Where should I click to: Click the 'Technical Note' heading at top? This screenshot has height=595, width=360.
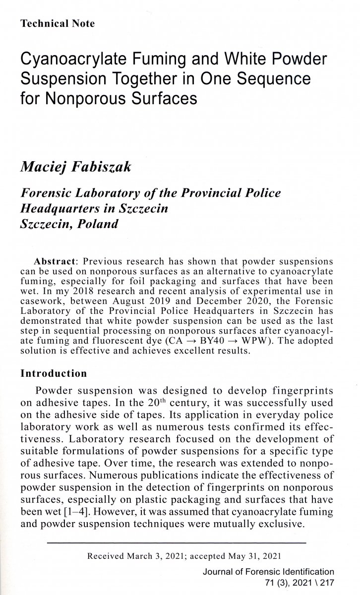point(58,23)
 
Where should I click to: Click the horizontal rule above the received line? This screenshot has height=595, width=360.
point(177,543)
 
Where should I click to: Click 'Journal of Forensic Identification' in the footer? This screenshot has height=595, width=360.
point(268,572)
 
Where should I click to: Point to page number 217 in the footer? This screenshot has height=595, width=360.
point(326,582)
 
